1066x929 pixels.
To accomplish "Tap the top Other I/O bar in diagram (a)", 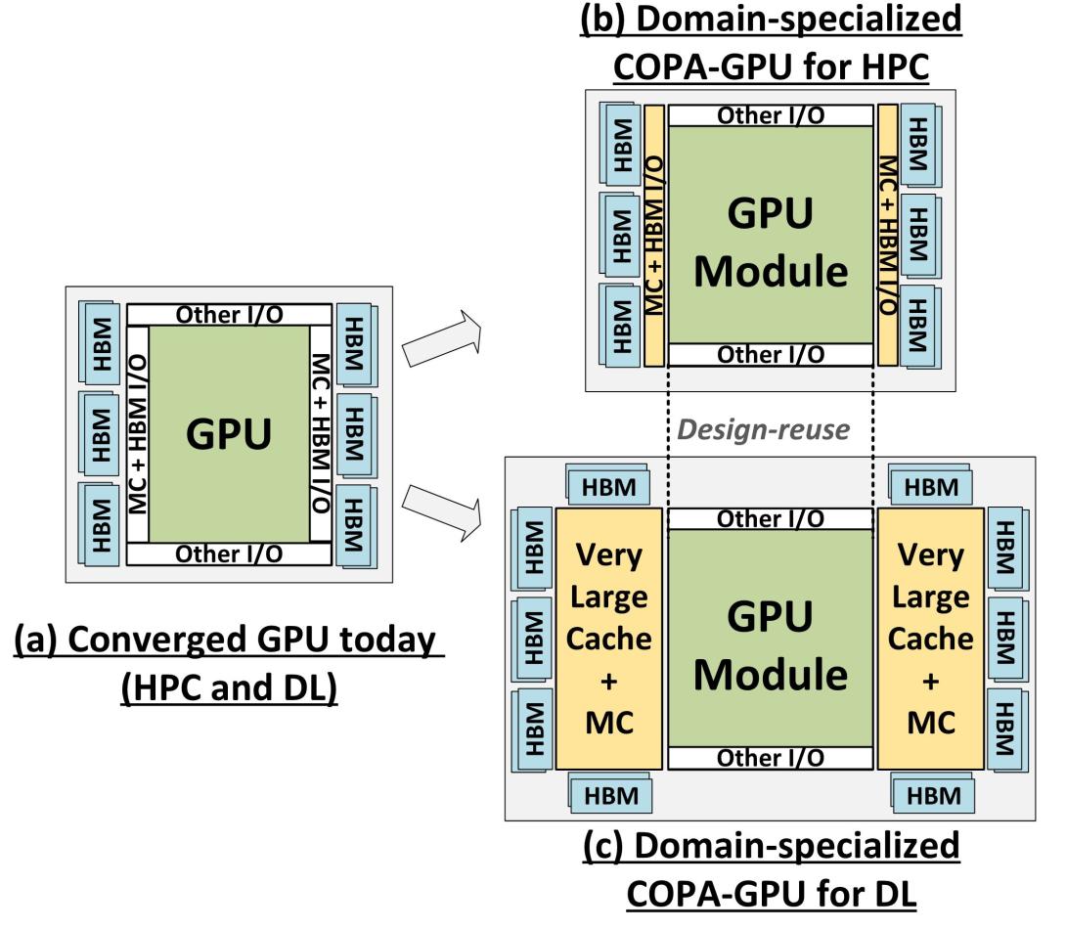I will (x=228, y=315).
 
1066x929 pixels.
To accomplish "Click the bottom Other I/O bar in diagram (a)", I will (x=228, y=554).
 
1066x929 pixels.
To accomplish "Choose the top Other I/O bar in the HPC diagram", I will (x=770, y=114).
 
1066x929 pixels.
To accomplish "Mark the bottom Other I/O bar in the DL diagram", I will (x=770, y=758).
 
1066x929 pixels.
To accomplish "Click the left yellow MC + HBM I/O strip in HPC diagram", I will (x=654, y=235).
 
